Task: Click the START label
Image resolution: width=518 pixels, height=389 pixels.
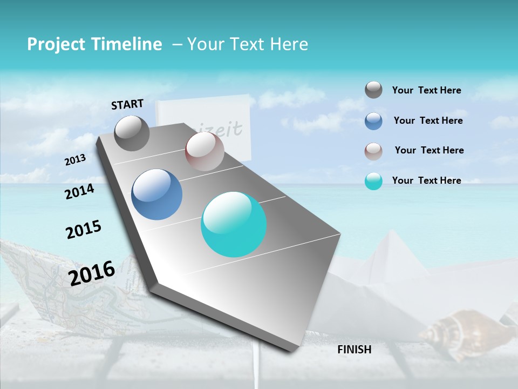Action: [127, 104]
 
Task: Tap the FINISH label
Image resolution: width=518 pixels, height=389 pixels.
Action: [355, 350]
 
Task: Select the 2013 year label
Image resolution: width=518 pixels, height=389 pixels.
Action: [75, 160]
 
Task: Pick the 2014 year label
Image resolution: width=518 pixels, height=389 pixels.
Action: [79, 191]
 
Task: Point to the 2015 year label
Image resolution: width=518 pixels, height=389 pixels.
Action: [84, 230]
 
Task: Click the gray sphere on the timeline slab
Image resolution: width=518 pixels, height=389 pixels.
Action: [132, 133]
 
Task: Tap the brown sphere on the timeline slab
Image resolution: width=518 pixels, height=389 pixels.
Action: [205, 151]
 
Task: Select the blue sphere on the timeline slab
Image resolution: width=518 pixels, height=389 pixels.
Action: [157, 194]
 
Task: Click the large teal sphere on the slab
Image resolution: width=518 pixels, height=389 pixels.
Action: [234, 224]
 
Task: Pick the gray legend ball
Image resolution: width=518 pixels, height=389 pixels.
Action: [373, 90]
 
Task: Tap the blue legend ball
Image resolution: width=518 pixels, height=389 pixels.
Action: [373, 121]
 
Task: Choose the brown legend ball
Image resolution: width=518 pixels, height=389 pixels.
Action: [373, 151]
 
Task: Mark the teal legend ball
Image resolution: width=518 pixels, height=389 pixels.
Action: [373, 181]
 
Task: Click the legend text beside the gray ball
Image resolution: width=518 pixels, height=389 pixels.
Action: [426, 91]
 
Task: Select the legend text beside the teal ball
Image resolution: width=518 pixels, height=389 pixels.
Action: [426, 180]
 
